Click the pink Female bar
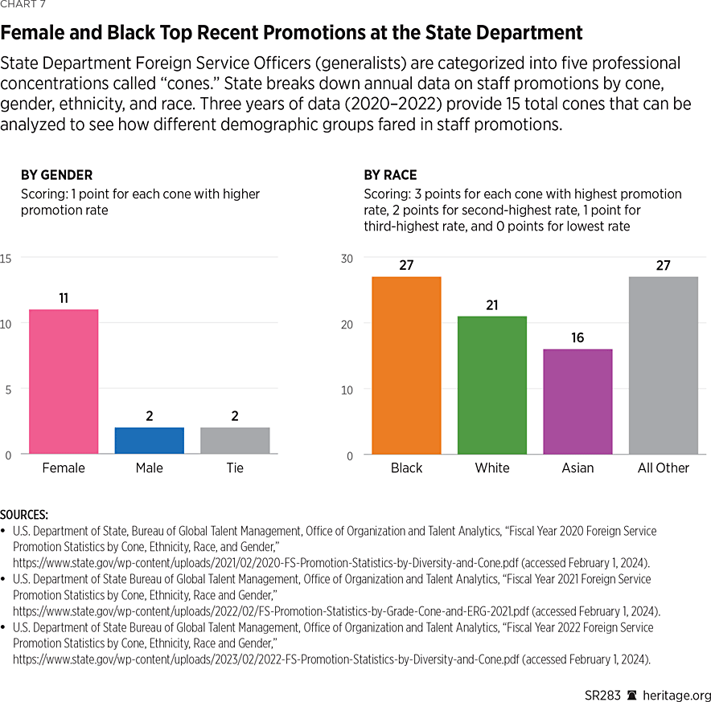tap(64, 382)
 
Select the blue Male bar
tap(149, 440)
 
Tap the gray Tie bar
tap(235, 440)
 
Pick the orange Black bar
tap(406, 365)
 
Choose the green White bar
tap(492, 386)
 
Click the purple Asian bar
tap(577, 402)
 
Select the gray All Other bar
tap(664, 365)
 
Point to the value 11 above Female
tap(64, 298)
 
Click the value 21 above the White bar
tap(492, 304)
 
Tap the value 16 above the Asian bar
tap(577, 337)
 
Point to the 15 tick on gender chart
tap(6, 258)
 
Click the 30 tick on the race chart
tap(347, 258)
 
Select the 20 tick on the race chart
tap(347, 324)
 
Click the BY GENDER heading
tap(56, 175)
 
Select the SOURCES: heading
tap(24, 514)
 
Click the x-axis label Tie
tap(235, 467)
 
